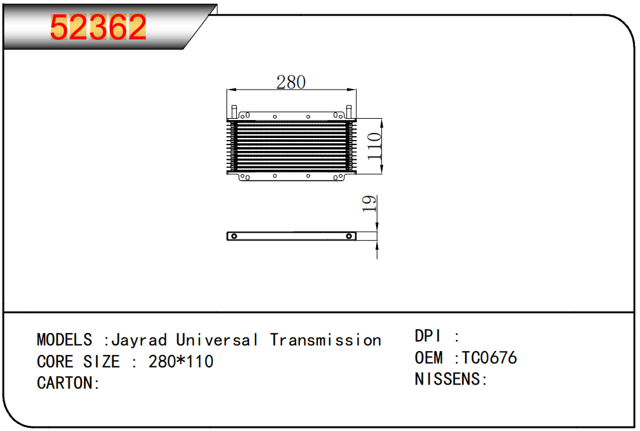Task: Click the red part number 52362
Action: pyautogui.click(x=99, y=27)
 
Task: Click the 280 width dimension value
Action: pyautogui.click(x=290, y=82)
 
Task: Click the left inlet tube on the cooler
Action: pyautogui.click(x=235, y=111)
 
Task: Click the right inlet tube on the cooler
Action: pyautogui.click(x=348, y=111)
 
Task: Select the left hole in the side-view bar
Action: pyautogui.click(x=235, y=236)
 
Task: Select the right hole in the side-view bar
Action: pyautogui.click(x=350, y=236)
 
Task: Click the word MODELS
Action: pyautogui.click(x=65, y=340)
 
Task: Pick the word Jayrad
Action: pyautogui.click(x=139, y=340)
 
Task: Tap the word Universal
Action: pyautogui.click(x=217, y=340)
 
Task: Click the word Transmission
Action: pyautogui.click(x=326, y=340)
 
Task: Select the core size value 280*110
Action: pyautogui.click(x=181, y=361)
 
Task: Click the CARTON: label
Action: pyautogui.click(x=68, y=383)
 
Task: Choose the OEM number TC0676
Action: pyautogui.click(x=488, y=357)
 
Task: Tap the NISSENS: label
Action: pyautogui.click(x=450, y=379)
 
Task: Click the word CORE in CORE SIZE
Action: pyautogui.click(x=56, y=361)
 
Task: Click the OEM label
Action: pyautogui.click(x=428, y=357)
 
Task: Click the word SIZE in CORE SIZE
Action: pyautogui.click(x=101, y=361)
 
